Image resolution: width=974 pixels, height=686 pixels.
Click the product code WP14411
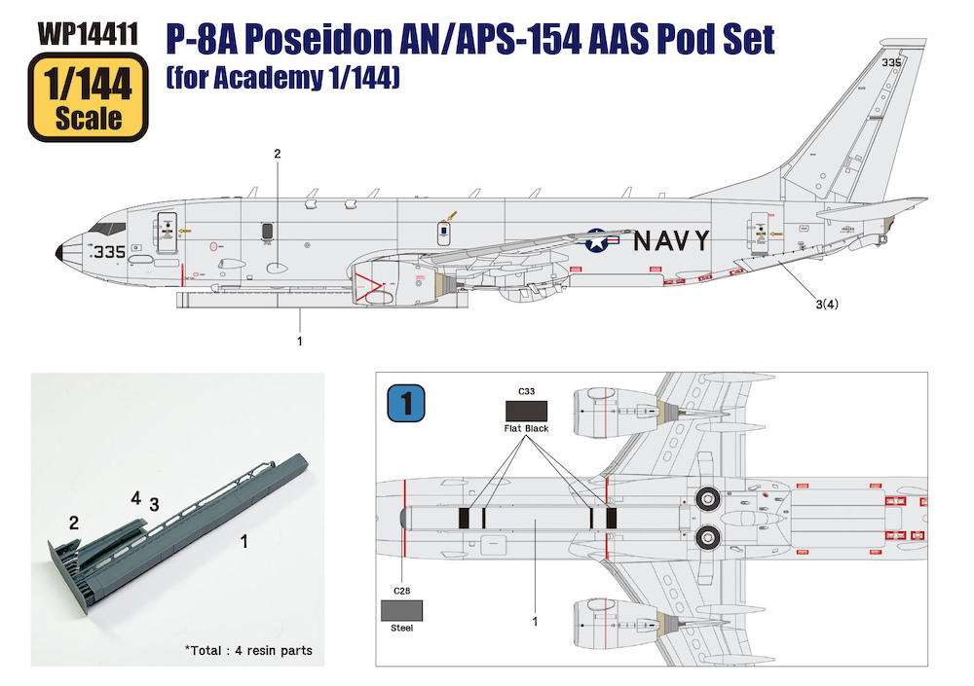(88, 34)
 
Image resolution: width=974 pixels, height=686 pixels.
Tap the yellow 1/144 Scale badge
(89, 97)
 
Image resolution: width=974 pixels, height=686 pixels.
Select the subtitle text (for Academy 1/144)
(282, 78)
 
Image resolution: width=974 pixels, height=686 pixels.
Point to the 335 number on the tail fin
(891, 62)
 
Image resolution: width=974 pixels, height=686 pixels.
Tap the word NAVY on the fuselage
(671, 240)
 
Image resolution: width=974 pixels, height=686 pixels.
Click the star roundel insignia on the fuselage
(596, 240)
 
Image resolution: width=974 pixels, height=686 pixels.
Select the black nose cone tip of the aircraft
(59, 253)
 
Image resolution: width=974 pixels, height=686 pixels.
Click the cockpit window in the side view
(107, 228)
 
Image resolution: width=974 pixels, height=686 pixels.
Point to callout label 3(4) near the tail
(827, 304)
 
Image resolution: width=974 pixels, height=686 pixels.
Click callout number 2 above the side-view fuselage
(278, 154)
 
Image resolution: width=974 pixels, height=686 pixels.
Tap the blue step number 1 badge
(406, 403)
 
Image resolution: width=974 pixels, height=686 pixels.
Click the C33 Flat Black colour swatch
(526, 411)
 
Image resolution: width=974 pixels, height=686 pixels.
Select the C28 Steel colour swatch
(402, 610)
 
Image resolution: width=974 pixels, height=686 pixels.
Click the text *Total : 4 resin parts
(248, 651)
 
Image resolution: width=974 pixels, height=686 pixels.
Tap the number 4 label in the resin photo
(136, 498)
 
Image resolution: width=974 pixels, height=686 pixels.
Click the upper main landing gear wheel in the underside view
(706, 497)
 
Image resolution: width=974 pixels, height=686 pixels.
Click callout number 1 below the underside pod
(535, 621)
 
